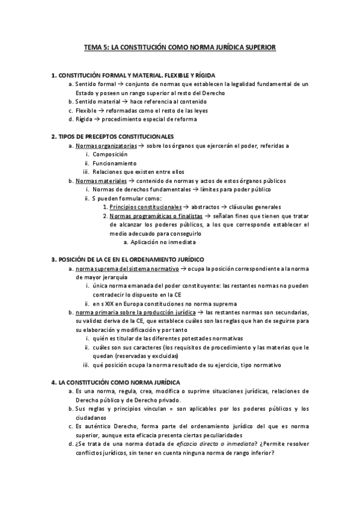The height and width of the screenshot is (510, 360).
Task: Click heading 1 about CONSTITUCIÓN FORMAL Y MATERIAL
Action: tap(144, 75)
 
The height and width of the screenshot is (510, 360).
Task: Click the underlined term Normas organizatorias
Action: tap(106, 146)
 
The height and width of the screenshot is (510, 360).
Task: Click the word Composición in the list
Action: tap(110, 155)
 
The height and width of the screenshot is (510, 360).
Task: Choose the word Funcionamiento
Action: tap(114, 163)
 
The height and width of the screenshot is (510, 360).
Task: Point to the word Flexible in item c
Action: tap(86, 111)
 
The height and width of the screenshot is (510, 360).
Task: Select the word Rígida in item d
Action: tap(85, 119)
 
